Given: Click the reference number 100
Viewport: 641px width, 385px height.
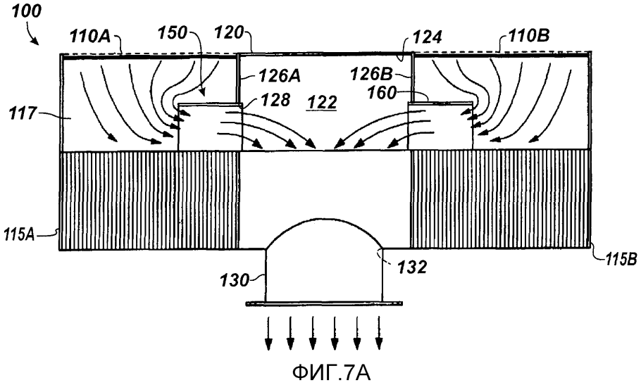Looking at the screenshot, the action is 27,11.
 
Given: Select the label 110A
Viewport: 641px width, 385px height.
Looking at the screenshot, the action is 90,37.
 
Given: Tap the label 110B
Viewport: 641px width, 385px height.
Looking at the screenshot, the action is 529,37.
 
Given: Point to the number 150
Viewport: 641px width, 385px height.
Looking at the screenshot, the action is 172,32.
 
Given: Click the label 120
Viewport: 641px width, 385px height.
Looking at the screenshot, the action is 230,32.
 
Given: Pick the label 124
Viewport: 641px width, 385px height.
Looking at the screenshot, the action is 427,37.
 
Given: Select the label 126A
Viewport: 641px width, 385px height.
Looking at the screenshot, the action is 280,76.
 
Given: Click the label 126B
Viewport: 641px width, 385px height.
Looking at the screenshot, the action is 372,74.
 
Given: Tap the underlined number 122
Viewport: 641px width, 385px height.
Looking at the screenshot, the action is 323,103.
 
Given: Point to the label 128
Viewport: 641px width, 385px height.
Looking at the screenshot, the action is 276,100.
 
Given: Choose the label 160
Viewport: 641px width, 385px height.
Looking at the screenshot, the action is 382,93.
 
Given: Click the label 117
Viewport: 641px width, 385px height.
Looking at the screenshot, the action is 23,113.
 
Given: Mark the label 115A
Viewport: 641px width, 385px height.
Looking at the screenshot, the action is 19,235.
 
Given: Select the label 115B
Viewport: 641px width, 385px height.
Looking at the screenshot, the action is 621,260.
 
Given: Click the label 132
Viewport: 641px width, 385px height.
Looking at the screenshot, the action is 412,267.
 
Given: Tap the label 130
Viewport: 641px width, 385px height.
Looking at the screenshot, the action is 235,281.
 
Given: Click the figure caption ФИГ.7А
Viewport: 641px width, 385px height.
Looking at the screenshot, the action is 332,373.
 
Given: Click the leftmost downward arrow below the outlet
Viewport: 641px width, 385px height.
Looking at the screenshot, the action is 268,333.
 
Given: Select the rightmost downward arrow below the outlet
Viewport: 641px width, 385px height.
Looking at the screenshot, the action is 380,333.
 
